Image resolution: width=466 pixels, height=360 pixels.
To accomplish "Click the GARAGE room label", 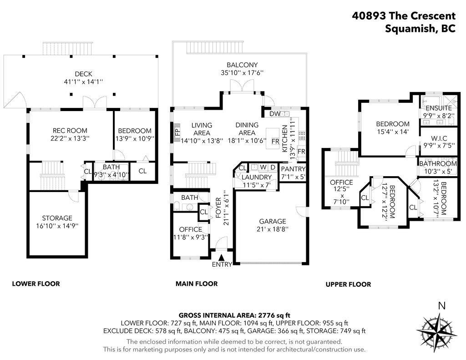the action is (273, 221).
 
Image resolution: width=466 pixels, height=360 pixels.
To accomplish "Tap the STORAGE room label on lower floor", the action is (57, 218).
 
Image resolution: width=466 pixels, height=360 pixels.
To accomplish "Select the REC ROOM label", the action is (70, 131).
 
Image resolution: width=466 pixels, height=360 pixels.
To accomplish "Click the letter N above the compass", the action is (442, 306).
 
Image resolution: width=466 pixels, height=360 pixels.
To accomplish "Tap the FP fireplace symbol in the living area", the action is (177, 132).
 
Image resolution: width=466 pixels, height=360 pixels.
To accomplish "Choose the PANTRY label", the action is (293, 169).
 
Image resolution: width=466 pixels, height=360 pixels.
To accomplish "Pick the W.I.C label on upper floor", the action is (439, 138).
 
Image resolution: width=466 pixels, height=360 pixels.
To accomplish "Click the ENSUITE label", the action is (439, 107).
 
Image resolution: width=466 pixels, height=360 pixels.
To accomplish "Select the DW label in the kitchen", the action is (275, 114).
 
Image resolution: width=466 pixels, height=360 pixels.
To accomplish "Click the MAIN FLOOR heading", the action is (197, 284).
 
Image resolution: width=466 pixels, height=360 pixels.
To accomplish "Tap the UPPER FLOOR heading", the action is (348, 284).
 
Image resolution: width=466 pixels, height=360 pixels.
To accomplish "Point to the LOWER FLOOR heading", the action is (36, 284).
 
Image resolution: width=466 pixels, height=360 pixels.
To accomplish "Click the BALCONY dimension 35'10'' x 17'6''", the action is (242, 72).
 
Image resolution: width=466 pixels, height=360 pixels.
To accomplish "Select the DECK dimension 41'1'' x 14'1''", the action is (84, 82).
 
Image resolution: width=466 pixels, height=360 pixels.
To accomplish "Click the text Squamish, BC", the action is (420, 29).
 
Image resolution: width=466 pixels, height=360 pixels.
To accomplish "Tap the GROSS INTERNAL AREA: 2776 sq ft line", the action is (234, 315).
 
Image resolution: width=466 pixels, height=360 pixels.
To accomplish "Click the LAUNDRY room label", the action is (257, 177).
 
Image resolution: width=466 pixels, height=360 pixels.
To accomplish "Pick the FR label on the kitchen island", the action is (275, 142).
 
